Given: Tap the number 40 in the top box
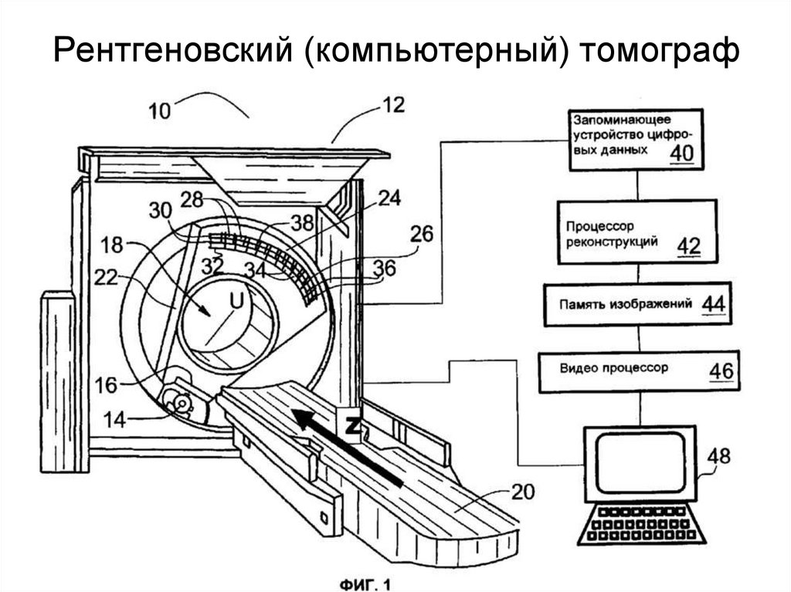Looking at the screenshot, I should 681,154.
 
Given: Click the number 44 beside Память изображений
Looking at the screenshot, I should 712,303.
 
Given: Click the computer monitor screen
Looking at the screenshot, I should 641,460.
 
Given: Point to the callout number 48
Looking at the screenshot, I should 718,456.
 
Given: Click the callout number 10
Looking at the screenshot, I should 160,110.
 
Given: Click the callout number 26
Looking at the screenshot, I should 422,232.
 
